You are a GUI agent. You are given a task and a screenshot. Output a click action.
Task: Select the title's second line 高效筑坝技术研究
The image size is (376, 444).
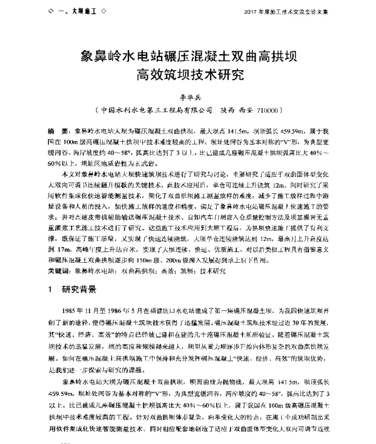click(x=188, y=77)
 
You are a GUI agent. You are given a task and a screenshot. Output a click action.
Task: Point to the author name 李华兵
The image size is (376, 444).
click(x=187, y=99)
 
